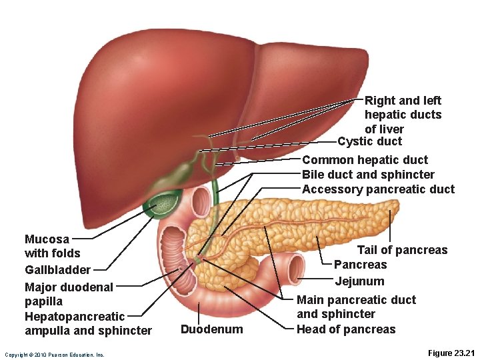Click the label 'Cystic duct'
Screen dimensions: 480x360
coord(369,141)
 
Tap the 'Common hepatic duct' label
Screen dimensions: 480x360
coord(365,160)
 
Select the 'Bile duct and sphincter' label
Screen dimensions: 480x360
coord(368,175)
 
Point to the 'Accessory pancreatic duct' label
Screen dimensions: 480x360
coord(378,189)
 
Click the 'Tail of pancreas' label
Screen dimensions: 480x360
coord(402,250)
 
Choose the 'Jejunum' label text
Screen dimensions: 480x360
coord(359,281)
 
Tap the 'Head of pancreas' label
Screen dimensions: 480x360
coord(345,329)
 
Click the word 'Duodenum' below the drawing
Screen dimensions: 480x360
coord(211,329)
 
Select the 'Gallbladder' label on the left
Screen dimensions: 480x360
coord(57,270)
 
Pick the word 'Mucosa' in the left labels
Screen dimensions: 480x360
coord(47,239)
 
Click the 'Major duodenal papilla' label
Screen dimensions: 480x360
coord(69,294)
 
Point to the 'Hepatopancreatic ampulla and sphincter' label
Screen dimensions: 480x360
coord(87,323)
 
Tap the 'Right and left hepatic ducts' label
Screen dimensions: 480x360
coord(403,114)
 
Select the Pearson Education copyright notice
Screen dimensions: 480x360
coord(54,355)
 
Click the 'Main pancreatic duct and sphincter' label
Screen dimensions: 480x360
coord(355,307)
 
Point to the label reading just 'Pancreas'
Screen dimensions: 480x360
coord(360,265)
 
